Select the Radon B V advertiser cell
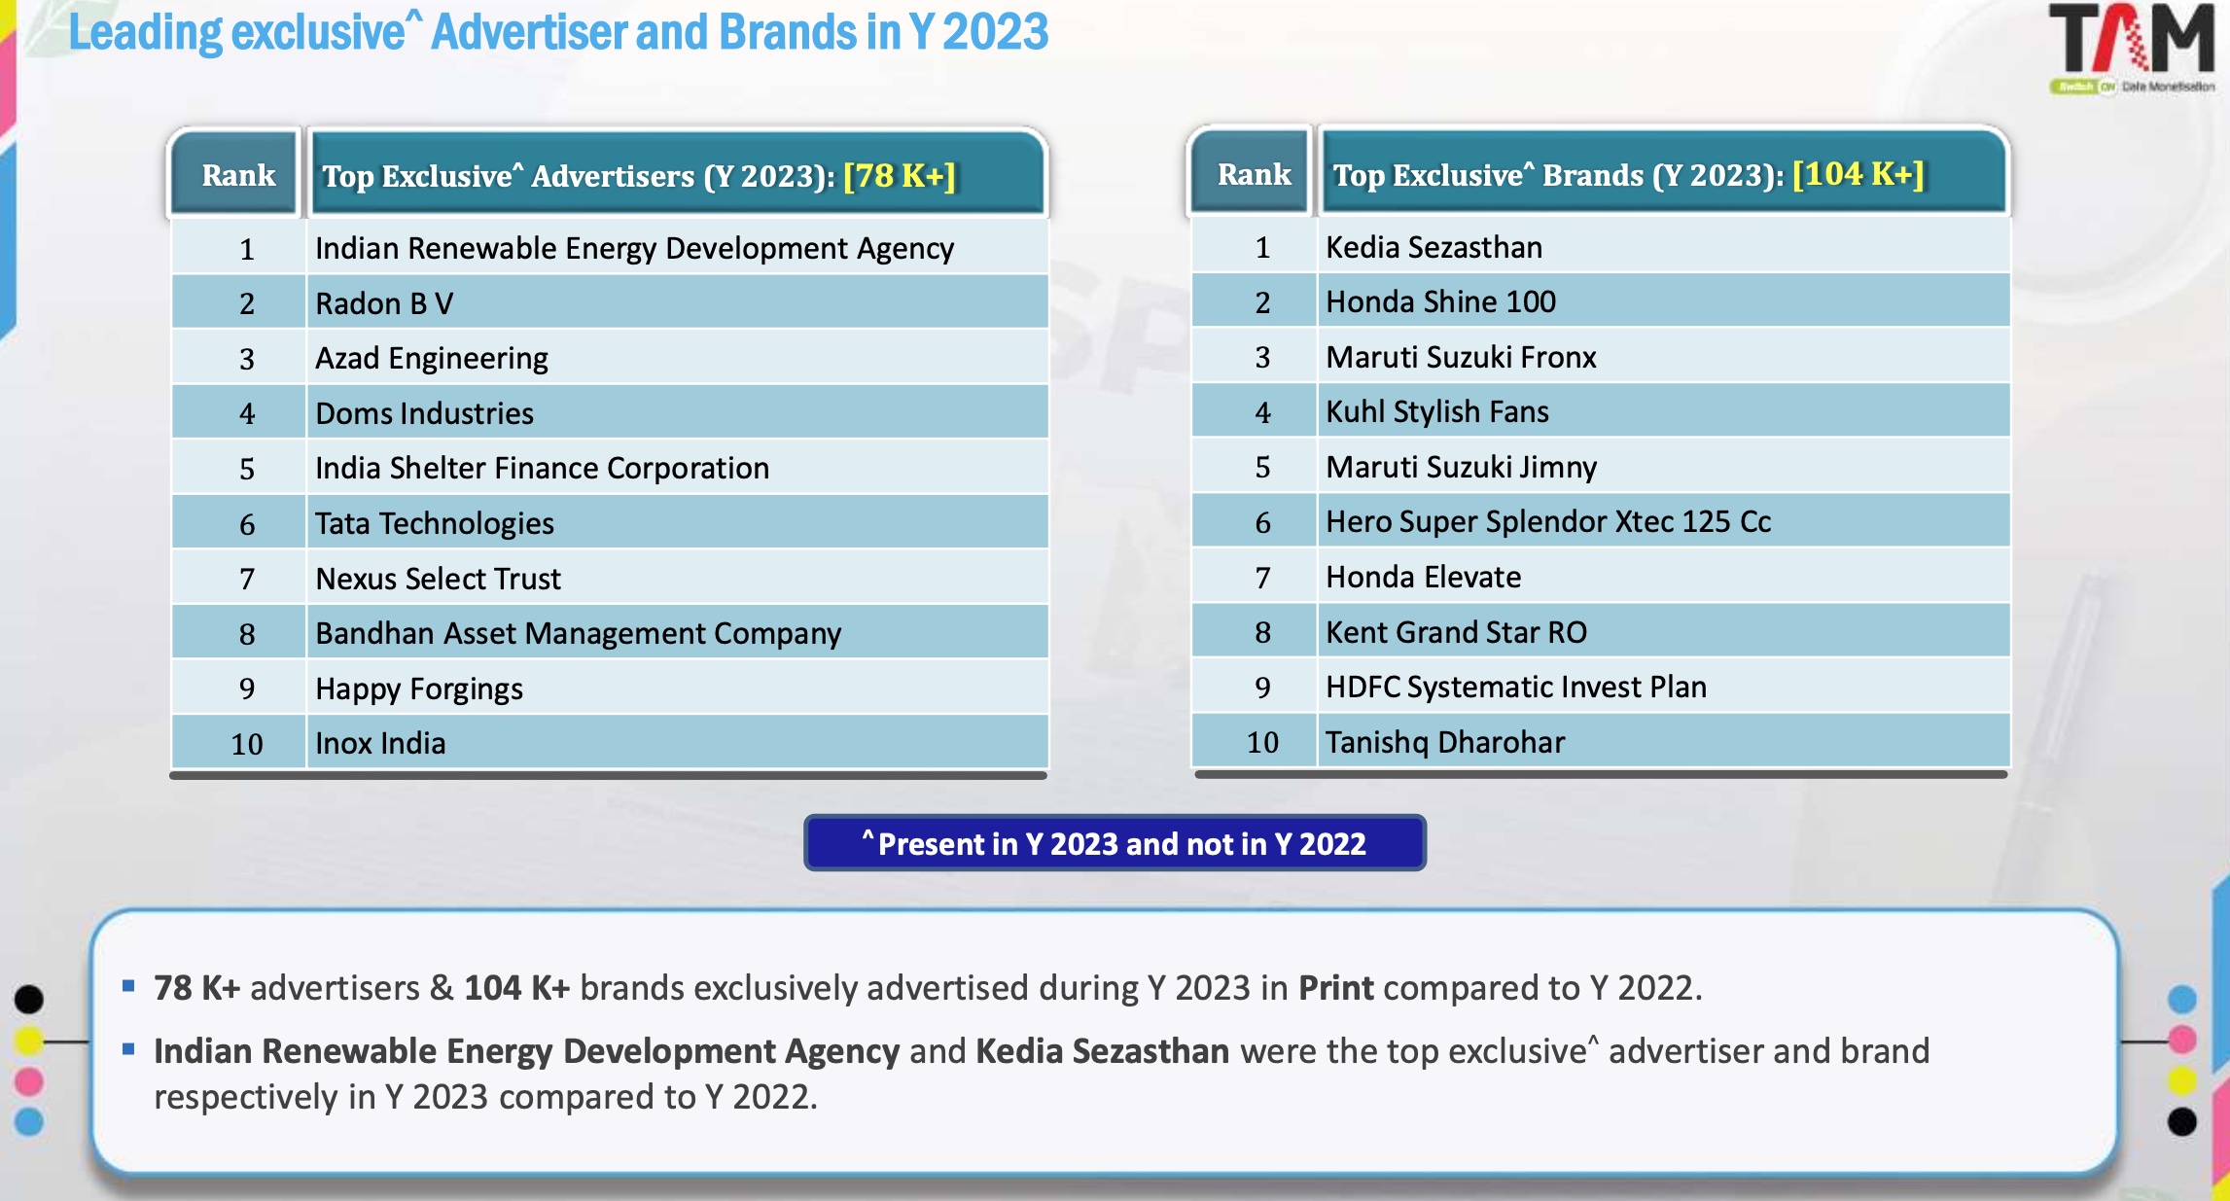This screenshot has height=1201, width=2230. pos(384,303)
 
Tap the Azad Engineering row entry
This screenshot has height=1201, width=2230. pos(432,359)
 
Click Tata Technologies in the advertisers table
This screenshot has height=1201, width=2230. pos(435,524)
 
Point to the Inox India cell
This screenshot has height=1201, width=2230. pos(380,744)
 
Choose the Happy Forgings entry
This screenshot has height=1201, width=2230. pos(419,689)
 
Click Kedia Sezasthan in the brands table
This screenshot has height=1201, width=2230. pos(1434,248)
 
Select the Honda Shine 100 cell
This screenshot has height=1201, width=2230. pos(1440,302)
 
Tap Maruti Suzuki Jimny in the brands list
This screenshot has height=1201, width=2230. pos(1461,468)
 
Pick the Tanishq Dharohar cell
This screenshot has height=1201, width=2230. pos(1445,743)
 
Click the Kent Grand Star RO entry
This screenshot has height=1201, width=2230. pos(1456,633)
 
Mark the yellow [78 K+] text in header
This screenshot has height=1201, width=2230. pos(900,176)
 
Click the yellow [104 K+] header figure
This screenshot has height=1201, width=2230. pos(1858,174)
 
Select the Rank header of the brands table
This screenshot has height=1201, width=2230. pos(1254,174)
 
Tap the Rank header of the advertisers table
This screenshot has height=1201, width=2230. pos(238,175)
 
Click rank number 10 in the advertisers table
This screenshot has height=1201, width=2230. pos(247,745)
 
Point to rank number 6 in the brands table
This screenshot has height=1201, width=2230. pos(1262,523)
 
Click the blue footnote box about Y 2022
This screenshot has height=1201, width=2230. pos(1115,843)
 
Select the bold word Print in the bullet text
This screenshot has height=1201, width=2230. pos(1335,988)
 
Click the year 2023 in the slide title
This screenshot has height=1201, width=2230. pos(995,32)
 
